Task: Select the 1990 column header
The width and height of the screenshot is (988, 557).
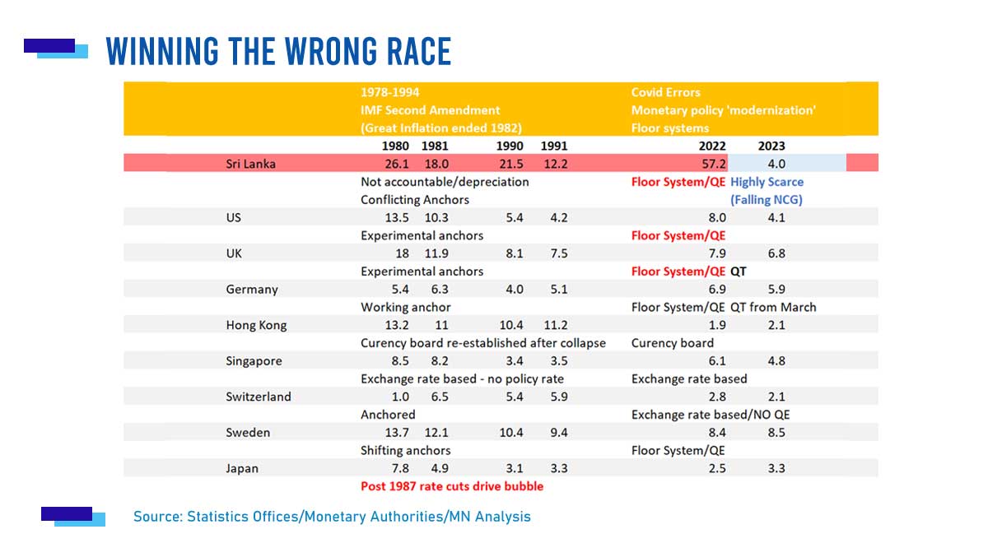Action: click(x=510, y=146)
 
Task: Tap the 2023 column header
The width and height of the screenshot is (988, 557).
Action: click(x=771, y=146)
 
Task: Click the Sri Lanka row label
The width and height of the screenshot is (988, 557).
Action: click(x=250, y=164)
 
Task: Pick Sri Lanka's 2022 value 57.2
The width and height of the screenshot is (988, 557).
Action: click(x=713, y=164)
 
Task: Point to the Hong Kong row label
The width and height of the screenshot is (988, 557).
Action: click(x=256, y=325)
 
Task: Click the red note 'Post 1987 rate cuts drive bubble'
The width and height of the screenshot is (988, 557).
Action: click(x=452, y=486)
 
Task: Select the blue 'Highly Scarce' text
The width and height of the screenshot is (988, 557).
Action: click(x=767, y=182)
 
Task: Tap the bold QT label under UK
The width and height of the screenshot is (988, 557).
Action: click(x=738, y=272)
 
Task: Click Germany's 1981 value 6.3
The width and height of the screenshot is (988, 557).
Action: click(x=440, y=290)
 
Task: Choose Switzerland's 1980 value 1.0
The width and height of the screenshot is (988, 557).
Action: click(x=400, y=397)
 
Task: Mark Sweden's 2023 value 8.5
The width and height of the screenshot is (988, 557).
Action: click(x=776, y=433)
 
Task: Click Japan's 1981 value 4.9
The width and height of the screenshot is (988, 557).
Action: click(x=440, y=468)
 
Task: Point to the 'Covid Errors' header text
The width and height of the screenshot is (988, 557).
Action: click(x=665, y=92)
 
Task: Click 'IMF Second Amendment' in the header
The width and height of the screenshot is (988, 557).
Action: click(x=430, y=110)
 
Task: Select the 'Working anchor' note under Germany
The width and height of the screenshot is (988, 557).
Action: click(x=405, y=307)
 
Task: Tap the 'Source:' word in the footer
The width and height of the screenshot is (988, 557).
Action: click(x=158, y=517)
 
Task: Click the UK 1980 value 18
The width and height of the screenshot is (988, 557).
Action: click(x=402, y=253)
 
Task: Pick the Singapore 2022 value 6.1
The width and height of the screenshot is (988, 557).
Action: click(x=717, y=361)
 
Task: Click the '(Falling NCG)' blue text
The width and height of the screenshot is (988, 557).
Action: click(x=767, y=200)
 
